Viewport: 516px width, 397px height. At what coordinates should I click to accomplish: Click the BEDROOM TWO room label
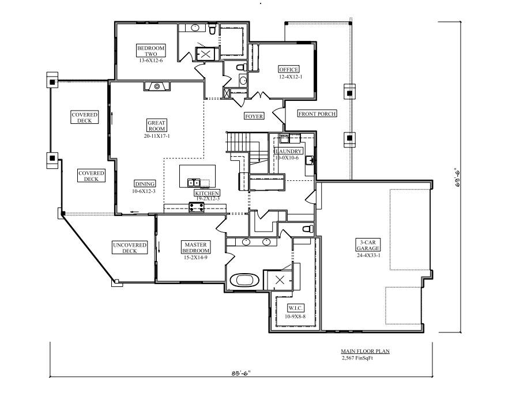point(150,51)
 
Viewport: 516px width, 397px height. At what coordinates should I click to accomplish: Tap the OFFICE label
point(289,69)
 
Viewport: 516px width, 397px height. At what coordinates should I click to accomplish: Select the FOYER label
point(254,116)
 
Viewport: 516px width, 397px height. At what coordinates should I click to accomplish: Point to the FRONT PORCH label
point(317,114)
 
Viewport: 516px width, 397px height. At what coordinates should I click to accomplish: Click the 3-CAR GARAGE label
point(368,245)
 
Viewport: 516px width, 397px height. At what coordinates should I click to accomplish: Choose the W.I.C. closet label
point(296,308)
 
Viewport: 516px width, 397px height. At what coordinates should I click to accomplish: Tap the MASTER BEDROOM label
point(195,247)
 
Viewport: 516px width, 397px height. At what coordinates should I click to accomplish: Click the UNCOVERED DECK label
point(130,248)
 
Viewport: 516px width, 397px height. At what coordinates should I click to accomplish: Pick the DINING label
point(145,184)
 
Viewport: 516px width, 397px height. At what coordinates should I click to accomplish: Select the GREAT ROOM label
point(156,126)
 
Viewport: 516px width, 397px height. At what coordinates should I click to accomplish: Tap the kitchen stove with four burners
point(197,207)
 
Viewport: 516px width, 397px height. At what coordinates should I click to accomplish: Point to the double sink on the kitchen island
point(194,183)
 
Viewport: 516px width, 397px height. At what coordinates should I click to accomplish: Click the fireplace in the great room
point(157,86)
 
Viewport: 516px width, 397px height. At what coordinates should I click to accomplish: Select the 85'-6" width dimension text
point(241,373)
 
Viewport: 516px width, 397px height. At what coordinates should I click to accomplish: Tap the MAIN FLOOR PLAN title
point(366,351)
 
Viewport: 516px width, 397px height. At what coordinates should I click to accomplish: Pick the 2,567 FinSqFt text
point(357,358)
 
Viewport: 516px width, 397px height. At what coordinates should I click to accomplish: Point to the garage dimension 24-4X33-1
point(368,255)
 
